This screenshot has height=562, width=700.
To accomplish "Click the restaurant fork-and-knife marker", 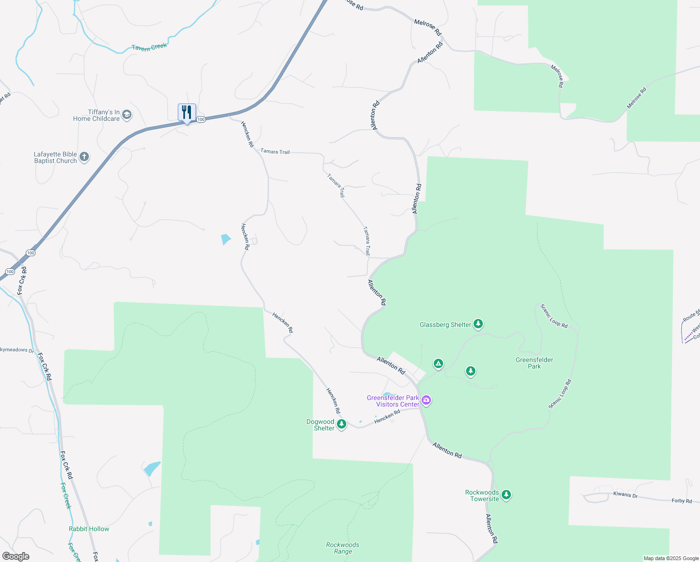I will [x=187, y=113].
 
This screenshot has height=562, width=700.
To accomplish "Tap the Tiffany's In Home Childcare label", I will [x=96, y=115].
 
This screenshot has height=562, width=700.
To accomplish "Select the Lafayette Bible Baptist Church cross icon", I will [x=84, y=157].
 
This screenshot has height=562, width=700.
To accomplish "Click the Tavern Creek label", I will [x=149, y=47].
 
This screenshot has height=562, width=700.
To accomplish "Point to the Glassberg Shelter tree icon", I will [x=478, y=324].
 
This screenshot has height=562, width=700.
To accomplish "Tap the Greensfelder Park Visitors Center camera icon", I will [x=426, y=400].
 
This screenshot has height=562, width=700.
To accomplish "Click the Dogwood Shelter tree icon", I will [x=342, y=424].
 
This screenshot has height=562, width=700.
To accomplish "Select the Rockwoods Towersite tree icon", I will [x=506, y=495].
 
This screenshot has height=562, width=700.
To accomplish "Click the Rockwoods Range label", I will [x=343, y=548].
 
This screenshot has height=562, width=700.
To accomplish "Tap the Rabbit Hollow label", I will [x=89, y=529].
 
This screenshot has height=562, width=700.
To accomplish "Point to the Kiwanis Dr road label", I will [x=625, y=495].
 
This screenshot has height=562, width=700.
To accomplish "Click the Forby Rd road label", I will [x=681, y=501].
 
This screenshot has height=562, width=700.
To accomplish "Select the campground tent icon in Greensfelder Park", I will [x=438, y=363].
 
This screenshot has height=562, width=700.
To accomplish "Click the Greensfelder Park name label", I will [x=534, y=363].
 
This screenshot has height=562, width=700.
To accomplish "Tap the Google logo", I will [x=16, y=556].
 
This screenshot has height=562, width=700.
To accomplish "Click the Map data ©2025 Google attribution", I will [x=671, y=558].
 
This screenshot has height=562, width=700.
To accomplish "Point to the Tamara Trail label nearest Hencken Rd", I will [x=275, y=151].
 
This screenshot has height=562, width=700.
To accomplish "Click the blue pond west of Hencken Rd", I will [x=226, y=239].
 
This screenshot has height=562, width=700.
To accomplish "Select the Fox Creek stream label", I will [x=66, y=495].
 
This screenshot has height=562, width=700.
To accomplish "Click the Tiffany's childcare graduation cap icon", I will [x=127, y=115].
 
